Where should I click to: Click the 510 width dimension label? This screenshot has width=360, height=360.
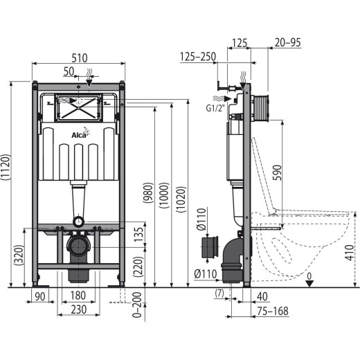coord(80,58)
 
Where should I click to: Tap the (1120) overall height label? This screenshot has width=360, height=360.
coord(6,167)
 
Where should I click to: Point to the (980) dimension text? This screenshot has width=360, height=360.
coord(148,193)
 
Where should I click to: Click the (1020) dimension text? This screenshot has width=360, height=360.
coord(181,199)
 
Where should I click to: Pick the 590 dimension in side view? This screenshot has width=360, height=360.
coord(277,172)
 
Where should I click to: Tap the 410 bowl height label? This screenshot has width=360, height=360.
coord(350,253)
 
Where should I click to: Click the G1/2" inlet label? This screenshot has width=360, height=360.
coord(215,108)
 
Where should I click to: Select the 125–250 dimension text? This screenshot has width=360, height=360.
coord(198,57)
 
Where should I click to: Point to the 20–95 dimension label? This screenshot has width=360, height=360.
coord(288,42)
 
